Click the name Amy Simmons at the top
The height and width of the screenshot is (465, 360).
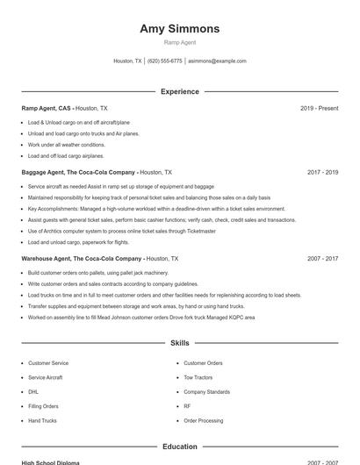(179, 29)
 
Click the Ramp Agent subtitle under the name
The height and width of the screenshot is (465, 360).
(179, 42)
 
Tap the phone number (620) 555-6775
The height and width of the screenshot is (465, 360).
(165, 61)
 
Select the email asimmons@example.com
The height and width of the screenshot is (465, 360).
(217, 61)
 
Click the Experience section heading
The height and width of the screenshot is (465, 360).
(179, 91)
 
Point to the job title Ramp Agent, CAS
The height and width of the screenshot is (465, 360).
(47, 108)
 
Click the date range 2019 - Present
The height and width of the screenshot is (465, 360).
(319, 108)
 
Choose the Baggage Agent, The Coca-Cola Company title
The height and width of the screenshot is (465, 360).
(78, 173)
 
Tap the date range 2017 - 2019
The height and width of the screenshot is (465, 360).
(322, 173)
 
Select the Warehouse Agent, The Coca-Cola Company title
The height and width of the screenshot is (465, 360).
(82, 259)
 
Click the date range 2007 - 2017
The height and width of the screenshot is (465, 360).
(322, 259)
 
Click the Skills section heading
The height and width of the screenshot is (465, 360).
(179, 343)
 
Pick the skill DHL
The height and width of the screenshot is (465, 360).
(33, 392)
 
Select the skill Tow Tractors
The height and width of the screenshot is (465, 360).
(198, 377)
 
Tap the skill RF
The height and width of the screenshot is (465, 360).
(187, 406)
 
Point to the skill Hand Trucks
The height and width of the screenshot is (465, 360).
(42, 421)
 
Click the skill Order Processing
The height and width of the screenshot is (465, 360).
(203, 421)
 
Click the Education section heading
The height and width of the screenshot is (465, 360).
(179, 447)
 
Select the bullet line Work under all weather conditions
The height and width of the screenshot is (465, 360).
(66, 145)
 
